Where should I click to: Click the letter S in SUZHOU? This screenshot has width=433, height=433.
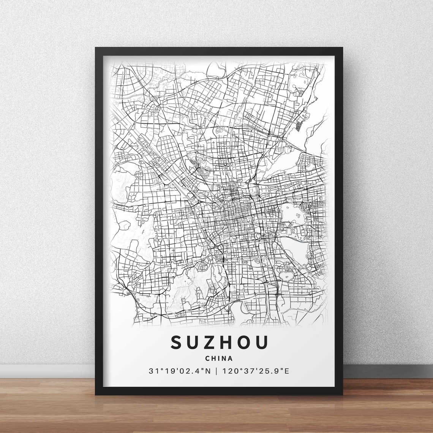tap(178, 342)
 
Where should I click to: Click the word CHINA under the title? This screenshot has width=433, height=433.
tap(219, 358)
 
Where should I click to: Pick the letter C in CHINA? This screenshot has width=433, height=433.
tap(207, 358)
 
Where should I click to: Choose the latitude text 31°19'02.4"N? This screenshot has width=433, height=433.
tap(179, 371)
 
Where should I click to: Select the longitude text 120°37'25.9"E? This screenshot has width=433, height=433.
tap(256, 371)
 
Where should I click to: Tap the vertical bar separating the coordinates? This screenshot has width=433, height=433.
tap(216, 371)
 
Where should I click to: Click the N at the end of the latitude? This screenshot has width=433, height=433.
tap(207, 371)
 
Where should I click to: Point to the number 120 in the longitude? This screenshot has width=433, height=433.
tap(229, 371)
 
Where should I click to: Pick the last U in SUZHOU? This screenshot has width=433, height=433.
tap(262, 342)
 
